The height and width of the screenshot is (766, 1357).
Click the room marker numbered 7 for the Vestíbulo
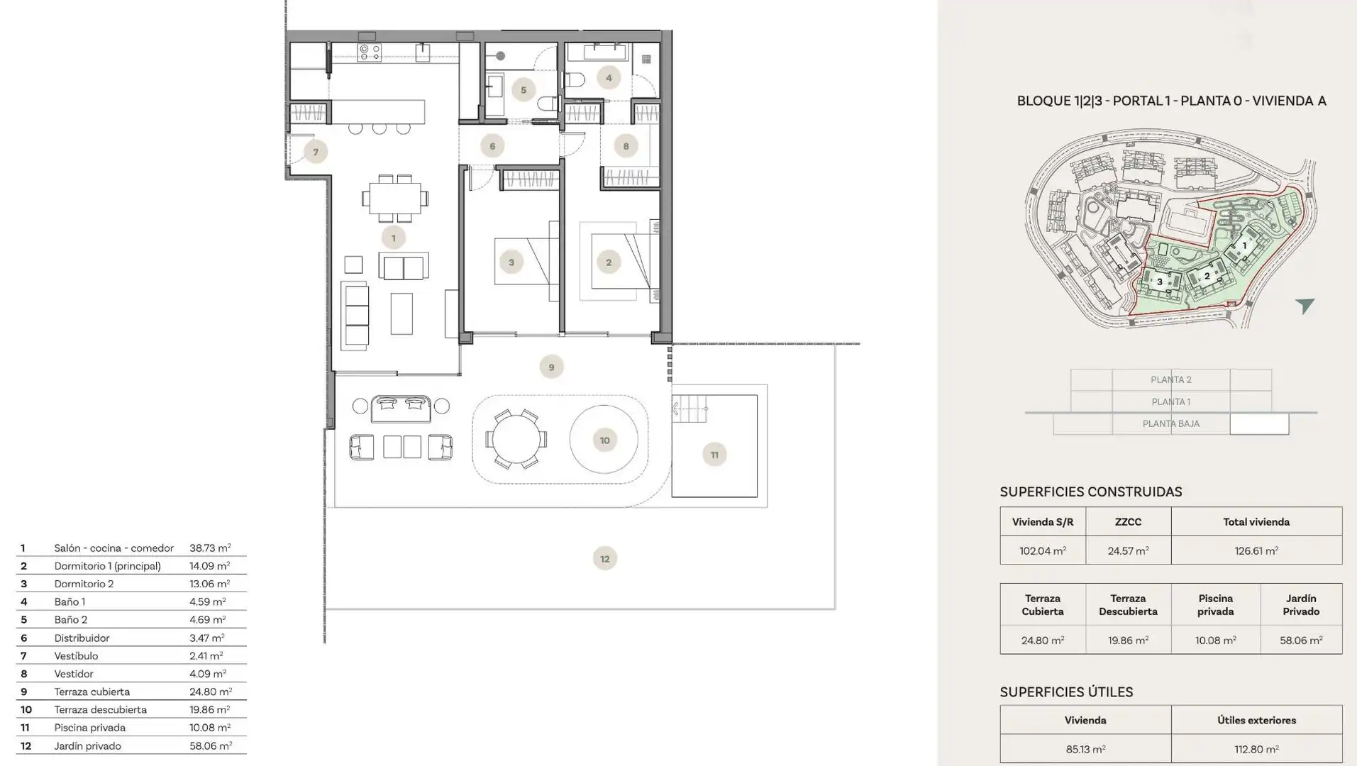[316, 152]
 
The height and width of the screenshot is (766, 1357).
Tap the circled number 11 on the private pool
[714, 455]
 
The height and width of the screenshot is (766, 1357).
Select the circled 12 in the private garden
[604, 559]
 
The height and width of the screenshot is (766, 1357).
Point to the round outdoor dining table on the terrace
[516, 439]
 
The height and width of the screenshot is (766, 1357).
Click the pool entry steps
[690, 409]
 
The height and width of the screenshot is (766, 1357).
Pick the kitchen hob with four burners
[369, 52]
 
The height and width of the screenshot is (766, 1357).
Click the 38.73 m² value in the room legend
[210, 548]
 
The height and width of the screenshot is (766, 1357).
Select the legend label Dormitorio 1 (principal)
[108, 566]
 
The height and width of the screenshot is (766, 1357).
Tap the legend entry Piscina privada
[90, 728]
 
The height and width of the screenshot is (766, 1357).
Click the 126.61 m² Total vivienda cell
[1256, 550]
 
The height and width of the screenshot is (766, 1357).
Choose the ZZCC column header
[1128, 522]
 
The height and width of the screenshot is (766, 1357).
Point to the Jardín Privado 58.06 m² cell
[1301, 640]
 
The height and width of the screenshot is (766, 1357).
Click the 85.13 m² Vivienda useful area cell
[1085, 749]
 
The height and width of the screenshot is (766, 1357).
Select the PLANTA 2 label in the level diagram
[1171, 379]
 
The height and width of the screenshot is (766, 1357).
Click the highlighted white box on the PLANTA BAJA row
[1259, 424]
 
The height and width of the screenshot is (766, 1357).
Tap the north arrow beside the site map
[1305, 306]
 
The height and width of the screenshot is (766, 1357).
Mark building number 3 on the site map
[1160, 282]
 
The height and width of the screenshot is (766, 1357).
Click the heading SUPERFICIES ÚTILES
[1066, 692]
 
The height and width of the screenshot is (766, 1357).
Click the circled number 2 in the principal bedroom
[608, 262]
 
